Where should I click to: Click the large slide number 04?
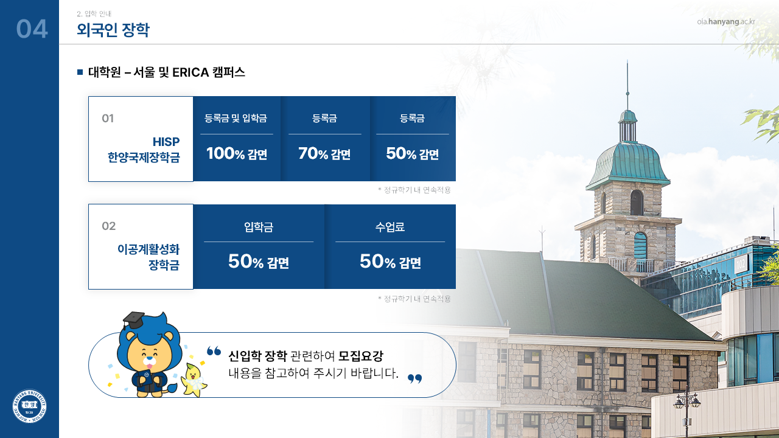[32, 29]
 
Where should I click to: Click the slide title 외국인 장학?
[113, 30]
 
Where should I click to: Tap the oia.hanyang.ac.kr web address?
[726, 22]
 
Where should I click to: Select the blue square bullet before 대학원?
[80, 72]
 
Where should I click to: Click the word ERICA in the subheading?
[190, 72]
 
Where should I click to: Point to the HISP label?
[166, 142]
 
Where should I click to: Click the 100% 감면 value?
[237, 154]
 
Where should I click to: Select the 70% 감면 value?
[324, 154]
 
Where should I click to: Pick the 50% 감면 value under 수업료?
[390, 262]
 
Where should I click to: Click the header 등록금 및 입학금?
[236, 119]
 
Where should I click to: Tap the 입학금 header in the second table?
[259, 227]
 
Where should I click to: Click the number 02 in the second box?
[108, 226]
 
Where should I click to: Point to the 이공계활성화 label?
[148, 249]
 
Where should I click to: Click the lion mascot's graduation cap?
[133, 320]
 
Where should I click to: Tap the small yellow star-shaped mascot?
[194, 380]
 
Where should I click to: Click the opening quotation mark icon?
[214, 351]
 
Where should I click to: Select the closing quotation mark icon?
[414, 378]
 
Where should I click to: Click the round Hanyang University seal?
[30, 406]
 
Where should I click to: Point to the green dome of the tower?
[627, 164]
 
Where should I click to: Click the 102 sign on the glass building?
[741, 264]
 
